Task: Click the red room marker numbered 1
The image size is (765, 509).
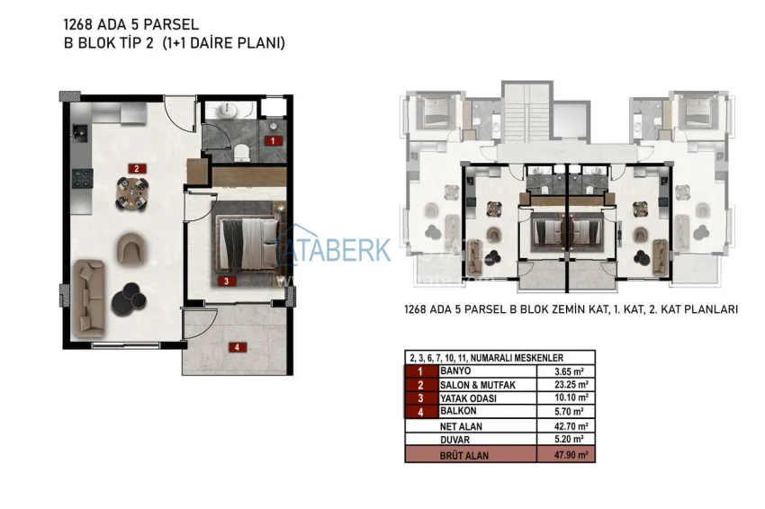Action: pyautogui.click(x=271, y=140)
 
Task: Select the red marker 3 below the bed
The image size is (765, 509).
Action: pyautogui.click(x=229, y=281)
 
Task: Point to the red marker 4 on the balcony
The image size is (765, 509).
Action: pyautogui.click(x=236, y=347)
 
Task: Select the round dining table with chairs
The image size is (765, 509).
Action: pyautogui.click(x=133, y=191)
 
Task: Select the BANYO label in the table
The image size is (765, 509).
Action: pyautogui.click(x=456, y=371)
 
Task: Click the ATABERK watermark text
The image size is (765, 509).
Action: pyautogui.click(x=337, y=249)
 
